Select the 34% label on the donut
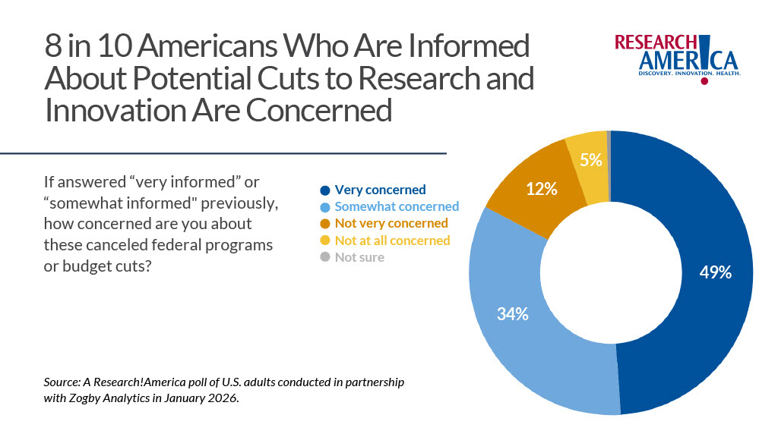512,313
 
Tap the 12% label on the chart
542,189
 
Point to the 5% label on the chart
590,159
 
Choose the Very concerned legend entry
380,190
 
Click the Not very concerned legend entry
391,223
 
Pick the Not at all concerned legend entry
392,240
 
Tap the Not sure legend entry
359,256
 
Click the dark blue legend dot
325,190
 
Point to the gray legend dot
325,257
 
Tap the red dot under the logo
704,80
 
